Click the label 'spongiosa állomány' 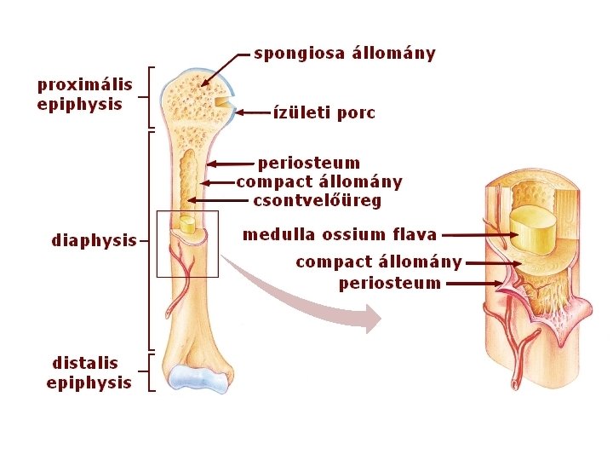[344, 54]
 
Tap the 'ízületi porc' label [324, 112]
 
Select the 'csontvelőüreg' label [317, 201]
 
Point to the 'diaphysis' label [94, 240]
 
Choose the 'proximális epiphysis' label [84, 95]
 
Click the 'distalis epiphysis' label [89, 373]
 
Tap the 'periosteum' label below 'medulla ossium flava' [389, 283]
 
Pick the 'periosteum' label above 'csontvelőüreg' [308, 162]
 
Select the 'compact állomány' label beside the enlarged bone [378, 262]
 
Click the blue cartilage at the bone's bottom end [198, 379]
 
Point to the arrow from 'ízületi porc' [252, 112]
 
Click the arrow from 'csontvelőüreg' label [217, 201]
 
